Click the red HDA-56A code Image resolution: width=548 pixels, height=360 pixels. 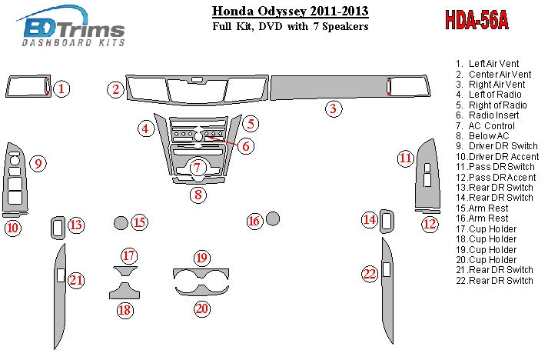(477, 20)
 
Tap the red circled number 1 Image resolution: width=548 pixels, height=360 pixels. (61, 88)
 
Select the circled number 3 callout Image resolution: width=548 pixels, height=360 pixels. (334, 108)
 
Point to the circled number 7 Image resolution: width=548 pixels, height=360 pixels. (197, 168)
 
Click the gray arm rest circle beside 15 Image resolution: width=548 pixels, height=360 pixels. (121, 223)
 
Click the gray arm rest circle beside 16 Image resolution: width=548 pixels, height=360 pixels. (273, 218)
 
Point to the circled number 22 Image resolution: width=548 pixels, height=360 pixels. (370, 274)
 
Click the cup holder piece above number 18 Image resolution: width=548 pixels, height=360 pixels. (125, 291)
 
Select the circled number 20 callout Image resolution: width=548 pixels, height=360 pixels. (201, 308)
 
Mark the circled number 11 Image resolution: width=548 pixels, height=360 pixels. (405, 158)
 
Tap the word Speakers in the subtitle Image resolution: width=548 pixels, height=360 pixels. (345, 26)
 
